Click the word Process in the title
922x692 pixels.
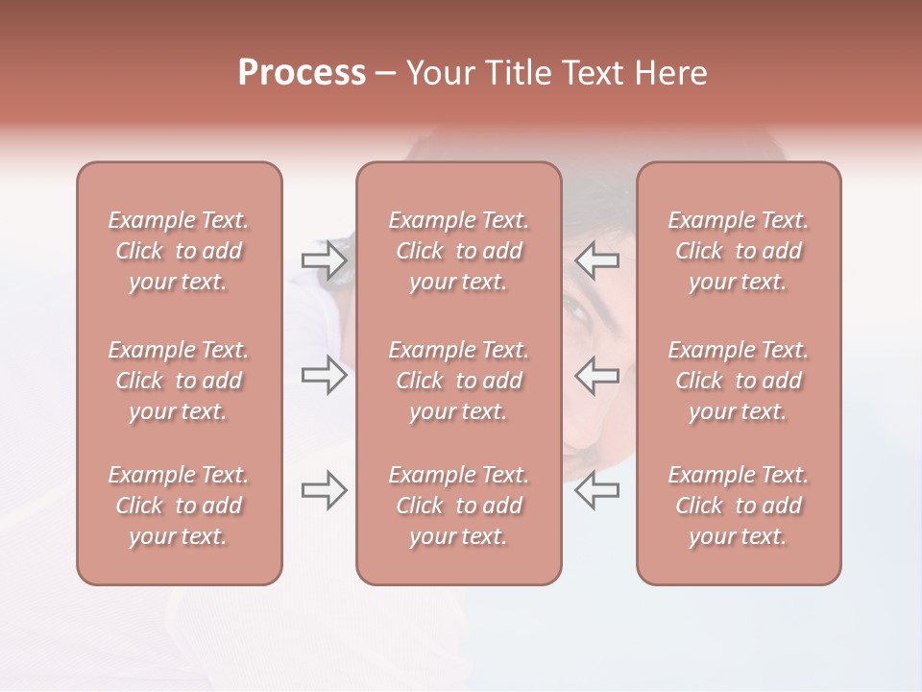point(302,73)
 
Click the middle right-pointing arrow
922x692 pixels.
point(325,375)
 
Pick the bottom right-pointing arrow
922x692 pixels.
point(325,490)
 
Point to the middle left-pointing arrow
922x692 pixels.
point(597,375)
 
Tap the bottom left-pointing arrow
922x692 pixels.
point(597,490)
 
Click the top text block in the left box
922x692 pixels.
point(179,251)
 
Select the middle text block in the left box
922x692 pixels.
point(179,381)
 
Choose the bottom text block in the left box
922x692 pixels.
point(179,506)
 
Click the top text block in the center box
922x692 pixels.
point(459,251)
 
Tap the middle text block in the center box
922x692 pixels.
point(459,381)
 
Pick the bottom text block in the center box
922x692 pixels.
point(459,506)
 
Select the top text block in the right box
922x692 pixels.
point(739,251)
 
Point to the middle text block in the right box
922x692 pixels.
point(739,381)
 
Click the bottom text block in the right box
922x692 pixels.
point(739,506)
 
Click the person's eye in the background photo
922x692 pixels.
point(576,309)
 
